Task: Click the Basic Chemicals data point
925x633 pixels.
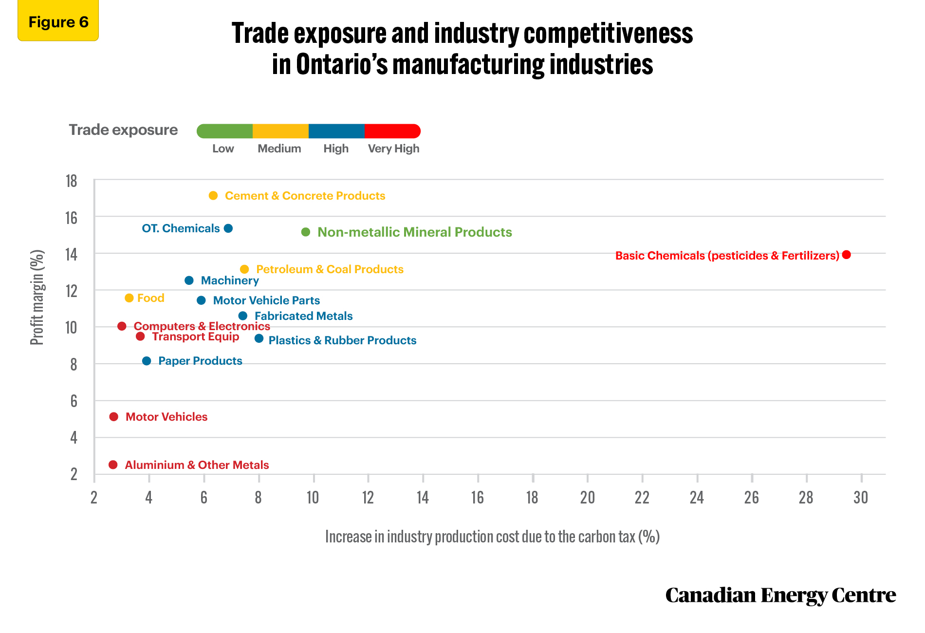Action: (x=846, y=255)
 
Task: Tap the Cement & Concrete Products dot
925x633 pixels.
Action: (x=213, y=196)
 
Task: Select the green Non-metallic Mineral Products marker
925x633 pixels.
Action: (x=306, y=232)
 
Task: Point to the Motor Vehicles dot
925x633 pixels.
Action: (x=114, y=417)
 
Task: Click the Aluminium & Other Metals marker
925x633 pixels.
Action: (x=113, y=465)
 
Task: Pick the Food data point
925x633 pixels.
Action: (x=129, y=298)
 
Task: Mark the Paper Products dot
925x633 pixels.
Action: (x=147, y=361)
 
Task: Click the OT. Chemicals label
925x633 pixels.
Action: (x=181, y=228)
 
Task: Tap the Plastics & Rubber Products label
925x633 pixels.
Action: (x=342, y=340)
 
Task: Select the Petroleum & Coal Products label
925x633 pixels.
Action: (x=330, y=269)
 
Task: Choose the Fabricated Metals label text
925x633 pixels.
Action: (x=303, y=316)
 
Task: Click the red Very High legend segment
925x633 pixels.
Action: (x=392, y=131)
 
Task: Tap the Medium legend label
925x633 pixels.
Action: (x=279, y=149)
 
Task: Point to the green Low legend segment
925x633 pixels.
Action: (x=224, y=131)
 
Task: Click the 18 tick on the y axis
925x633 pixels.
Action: (x=72, y=181)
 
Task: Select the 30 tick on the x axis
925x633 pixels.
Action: (x=861, y=497)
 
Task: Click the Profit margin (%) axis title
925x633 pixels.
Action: (x=37, y=298)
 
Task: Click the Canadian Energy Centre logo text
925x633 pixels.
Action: (x=780, y=595)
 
